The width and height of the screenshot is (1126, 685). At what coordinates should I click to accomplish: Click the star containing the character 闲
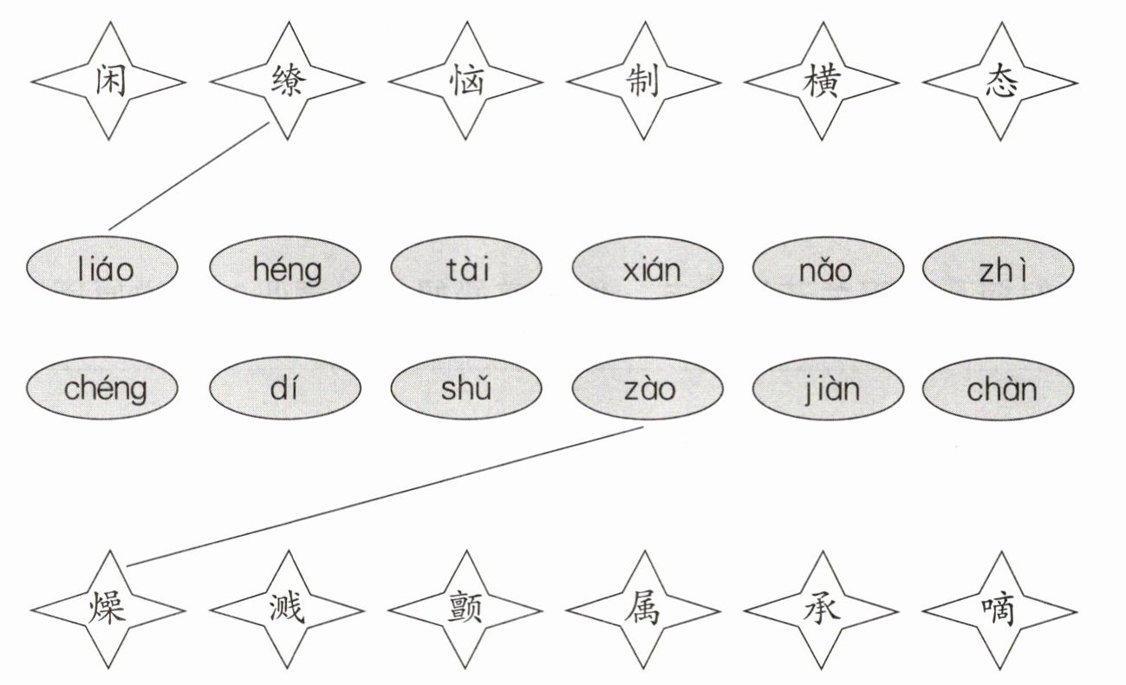click(108, 82)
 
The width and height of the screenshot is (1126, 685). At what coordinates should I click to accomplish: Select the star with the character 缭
click(287, 82)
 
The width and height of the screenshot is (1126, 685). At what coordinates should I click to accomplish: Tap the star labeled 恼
click(465, 82)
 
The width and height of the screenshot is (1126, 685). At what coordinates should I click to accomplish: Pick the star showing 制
click(643, 82)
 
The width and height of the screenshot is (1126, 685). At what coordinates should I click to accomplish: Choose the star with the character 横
click(821, 82)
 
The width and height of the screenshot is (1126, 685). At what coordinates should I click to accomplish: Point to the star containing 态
click(999, 82)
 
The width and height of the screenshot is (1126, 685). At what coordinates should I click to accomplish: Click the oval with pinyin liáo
click(103, 270)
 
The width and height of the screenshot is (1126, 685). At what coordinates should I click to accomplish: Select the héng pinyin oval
click(286, 270)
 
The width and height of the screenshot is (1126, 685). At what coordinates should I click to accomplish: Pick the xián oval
click(648, 270)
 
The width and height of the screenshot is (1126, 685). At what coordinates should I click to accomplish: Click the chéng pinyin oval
click(103, 388)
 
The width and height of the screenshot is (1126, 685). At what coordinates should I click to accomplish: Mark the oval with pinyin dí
click(286, 388)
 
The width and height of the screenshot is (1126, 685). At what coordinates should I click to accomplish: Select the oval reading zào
click(648, 388)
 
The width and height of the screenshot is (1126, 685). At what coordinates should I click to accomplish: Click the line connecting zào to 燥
click(386, 495)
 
